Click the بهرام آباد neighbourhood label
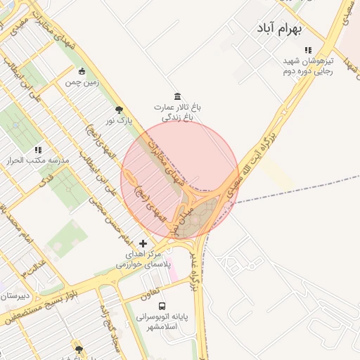click(x=278, y=30)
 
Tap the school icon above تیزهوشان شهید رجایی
click(x=307, y=50)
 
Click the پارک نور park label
click(x=119, y=121)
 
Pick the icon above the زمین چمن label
click(x=82, y=71)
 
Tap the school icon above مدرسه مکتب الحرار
click(x=38, y=150)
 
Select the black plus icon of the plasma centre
click(x=143, y=243)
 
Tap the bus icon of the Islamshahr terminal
click(x=163, y=306)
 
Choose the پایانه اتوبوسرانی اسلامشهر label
click(x=163, y=323)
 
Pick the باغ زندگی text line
click(x=177, y=117)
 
